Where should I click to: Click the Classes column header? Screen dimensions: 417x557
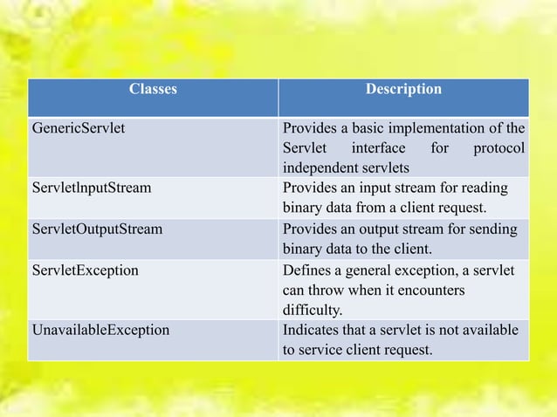pos(153,89)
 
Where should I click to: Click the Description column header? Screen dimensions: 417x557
pos(403,89)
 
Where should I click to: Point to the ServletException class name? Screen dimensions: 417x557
pos(85,270)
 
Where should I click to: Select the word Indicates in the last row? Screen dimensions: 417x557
pos(309,330)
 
